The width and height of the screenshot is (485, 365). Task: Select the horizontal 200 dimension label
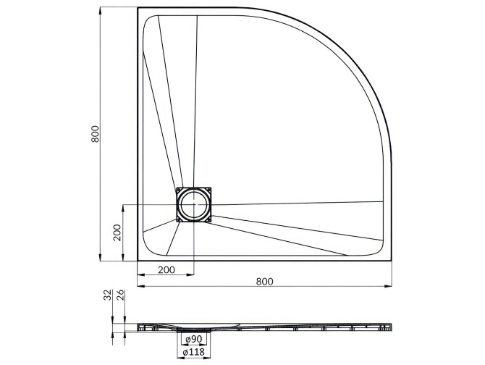(166, 269)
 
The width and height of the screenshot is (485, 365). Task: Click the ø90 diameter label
(193, 339)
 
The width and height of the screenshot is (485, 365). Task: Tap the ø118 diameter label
(193, 352)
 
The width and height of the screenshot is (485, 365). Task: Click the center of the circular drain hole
(194, 204)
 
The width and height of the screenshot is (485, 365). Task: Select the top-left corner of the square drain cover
(177, 187)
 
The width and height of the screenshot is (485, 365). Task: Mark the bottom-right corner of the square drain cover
(211, 221)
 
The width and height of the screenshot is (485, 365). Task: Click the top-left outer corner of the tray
(138, 8)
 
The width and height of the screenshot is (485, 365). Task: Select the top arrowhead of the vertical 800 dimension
(100, 11)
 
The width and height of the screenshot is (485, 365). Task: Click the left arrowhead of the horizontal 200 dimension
(140, 275)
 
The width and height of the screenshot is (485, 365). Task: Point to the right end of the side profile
(391, 327)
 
